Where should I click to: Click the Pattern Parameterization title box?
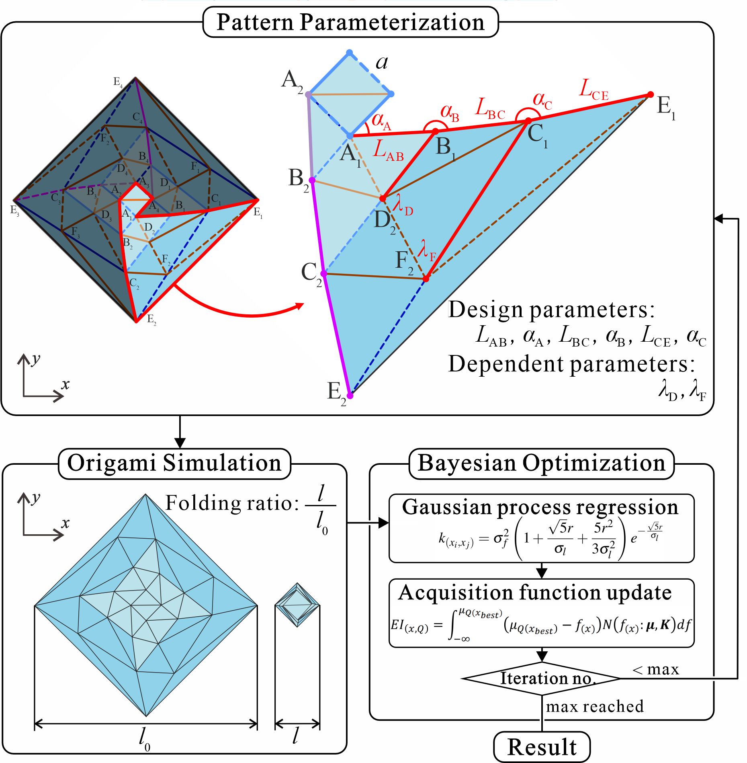350,23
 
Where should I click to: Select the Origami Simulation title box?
174,464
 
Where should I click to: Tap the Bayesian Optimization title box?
541,464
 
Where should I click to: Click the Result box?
542,747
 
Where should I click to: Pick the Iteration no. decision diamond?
542,679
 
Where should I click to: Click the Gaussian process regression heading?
540,507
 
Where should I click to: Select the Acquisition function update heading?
535,593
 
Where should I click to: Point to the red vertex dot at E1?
651,95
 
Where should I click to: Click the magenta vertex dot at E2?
350,396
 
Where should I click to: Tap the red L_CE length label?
594,89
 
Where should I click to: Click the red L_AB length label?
388,151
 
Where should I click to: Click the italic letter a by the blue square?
382,62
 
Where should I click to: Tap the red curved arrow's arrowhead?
300,306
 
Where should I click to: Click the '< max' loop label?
656,669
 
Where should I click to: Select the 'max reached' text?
595,706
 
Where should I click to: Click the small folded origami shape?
297,605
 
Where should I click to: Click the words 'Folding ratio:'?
232,503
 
